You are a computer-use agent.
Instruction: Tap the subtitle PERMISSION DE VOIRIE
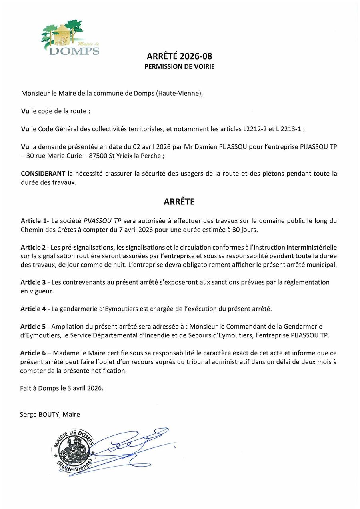tap(179, 66)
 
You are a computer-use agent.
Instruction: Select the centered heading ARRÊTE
tap(179, 202)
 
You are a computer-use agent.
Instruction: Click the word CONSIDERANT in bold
tap(43, 173)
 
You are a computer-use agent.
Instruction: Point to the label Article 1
tap(34, 221)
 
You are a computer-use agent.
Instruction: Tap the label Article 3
tap(34, 282)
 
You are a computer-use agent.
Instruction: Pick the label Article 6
tap(34, 353)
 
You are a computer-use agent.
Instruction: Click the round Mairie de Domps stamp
tap(75, 451)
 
